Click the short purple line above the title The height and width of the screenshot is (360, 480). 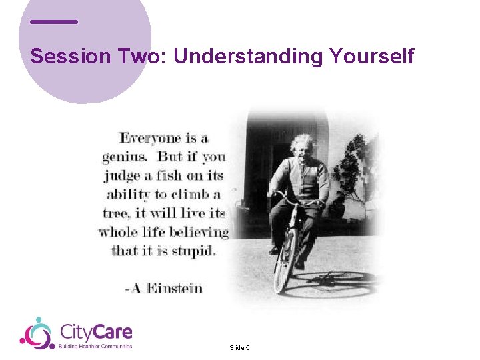click(x=54, y=22)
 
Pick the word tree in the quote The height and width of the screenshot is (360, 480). click(x=114, y=214)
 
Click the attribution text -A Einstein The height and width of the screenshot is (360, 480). click(x=164, y=288)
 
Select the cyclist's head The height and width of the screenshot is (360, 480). click(x=303, y=148)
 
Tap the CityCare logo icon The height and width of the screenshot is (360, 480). click(x=37, y=333)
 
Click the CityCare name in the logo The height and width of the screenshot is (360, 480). click(x=96, y=331)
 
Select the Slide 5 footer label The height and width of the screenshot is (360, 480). click(x=239, y=347)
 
